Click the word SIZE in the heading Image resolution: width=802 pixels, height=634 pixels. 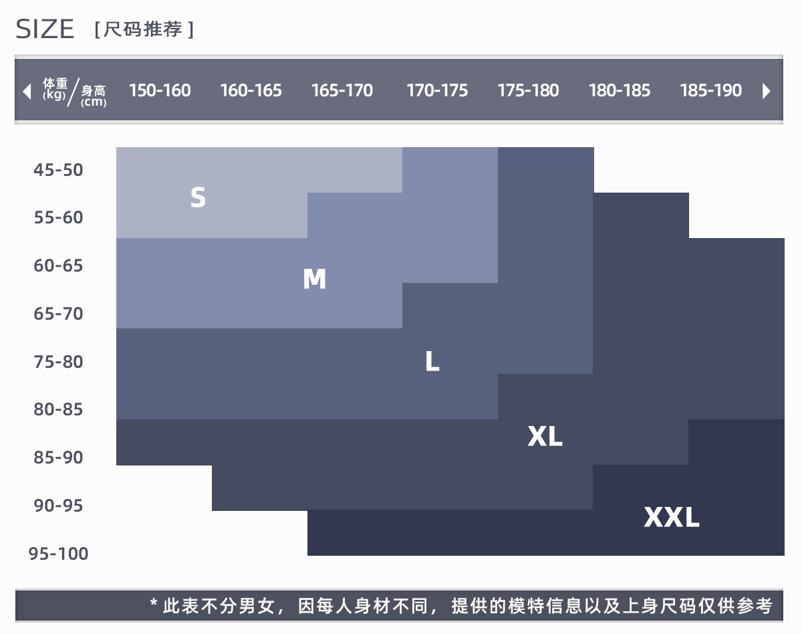pyautogui.click(x=45, y=29)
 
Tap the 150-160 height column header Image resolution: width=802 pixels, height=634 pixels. pyautogui.click(x=160, y=90)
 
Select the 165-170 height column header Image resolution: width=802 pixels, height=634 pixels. pyautogui.click(x=342, y=90)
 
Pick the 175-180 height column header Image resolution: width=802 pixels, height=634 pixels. pyautogui.click(x=528, y=90)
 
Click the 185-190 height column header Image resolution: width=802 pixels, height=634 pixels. pyautogui.click(x=710, y=90)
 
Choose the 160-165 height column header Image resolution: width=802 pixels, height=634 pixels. pyautogui.click(x=251, y=90)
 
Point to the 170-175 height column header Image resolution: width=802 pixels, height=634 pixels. pyautogui.click(x=437, y=90)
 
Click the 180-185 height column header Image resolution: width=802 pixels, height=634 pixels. pyautogui.click(x=619, y=90)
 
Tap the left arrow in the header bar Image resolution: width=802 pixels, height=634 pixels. pyautogui.click(x=27, y=91)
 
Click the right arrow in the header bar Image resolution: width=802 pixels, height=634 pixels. pyautogui.click(x=767, y=91)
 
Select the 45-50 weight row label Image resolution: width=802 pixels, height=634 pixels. pyautogui.click(x=59, y=170)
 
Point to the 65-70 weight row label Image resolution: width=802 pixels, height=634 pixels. pyautogui.click(x=59, y=314)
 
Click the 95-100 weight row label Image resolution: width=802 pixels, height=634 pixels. pyautogui.click(x=59, y=554)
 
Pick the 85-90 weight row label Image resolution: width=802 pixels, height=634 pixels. pyautogui.click(x=59, y=457)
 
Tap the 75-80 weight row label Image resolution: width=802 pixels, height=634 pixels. pyautogui.click(x=59, y=362)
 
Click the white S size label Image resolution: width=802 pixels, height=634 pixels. pyautogui.click(x=198, y=197)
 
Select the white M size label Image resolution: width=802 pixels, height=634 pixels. pyautogui.click(x=314, y=279)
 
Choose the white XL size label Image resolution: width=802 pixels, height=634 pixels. pyautogui.click(x=545, y=437)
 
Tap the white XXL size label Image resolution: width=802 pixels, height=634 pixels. pyautogui.click(x=672, y=517)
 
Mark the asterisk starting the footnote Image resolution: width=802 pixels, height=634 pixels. pyautogui.click(x=154, y=606)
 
